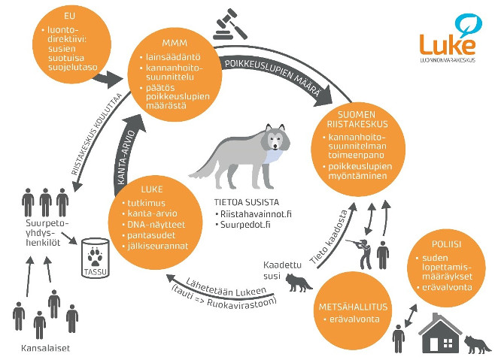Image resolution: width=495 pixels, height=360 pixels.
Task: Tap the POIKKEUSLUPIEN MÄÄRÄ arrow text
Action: [x=278, y=74]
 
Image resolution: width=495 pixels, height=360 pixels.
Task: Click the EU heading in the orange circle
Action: [x=68, y=18]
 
